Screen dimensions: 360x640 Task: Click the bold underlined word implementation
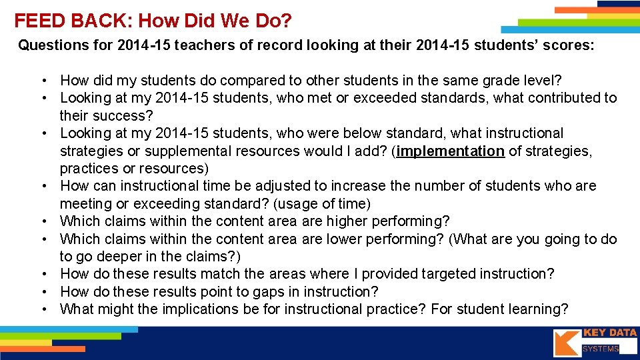click(x=451, y=151)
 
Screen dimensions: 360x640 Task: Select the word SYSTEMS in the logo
click(x=601, y=349)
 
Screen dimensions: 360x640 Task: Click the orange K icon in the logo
click(x=567, y=342)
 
